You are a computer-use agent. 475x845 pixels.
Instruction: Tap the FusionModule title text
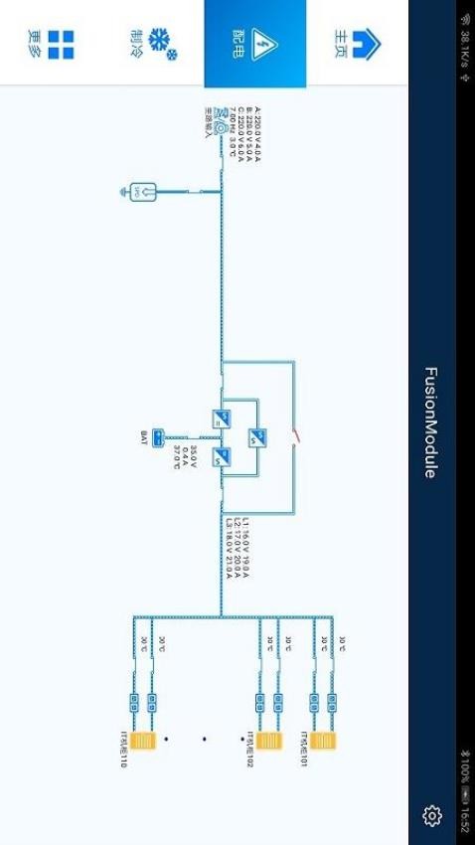tap(430, 422)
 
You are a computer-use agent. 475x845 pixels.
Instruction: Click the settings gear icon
tap(431, 815)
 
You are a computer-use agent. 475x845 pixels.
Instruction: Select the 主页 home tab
tap(357, 44)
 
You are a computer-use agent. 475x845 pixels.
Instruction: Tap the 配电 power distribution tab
tap(255, 44)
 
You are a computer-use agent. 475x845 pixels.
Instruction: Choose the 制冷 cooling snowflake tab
tap(152, 44)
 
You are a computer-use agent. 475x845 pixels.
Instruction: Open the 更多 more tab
tap(52, 44)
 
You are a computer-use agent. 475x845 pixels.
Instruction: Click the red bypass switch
tap(294, 435)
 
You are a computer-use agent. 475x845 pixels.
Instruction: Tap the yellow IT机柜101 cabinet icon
tap(322, 741)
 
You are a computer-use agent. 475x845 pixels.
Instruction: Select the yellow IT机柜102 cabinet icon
tap(268, 741)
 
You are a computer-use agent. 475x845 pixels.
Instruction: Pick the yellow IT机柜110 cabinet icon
tap(142, 741)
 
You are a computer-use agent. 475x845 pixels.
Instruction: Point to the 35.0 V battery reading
tap(194, 456)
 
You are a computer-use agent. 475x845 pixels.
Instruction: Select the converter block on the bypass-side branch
tap(257, 435)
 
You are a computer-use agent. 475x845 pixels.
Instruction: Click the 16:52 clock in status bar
tap(464, 817)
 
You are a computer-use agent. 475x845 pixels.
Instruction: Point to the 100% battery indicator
tap(464, 775)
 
